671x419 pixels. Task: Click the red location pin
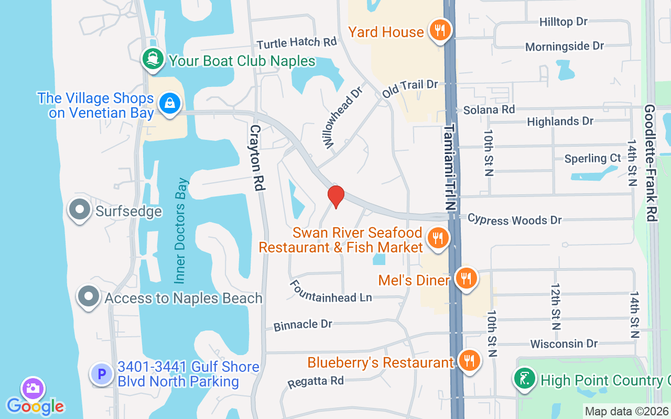click(x=335, y=196)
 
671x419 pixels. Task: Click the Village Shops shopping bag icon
click(x=170, y=103)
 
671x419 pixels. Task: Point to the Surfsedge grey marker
click(x=80, y=210)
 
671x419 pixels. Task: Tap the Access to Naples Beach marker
click(x=89, y=297)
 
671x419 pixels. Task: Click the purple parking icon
click(x=102, y=374)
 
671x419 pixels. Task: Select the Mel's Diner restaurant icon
click(x=465, y=279)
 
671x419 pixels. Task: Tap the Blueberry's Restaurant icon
click(x=469, y=361)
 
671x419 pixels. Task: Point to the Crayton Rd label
click(x=256, y=157)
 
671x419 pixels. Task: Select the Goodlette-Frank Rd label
click(x=651, y=162)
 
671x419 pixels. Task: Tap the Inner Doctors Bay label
click(x=181, y=230)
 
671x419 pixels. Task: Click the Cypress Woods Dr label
click(x=514, y=219)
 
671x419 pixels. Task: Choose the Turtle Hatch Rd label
click(x=296, y=42)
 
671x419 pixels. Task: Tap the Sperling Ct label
click(x=592, y=158)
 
